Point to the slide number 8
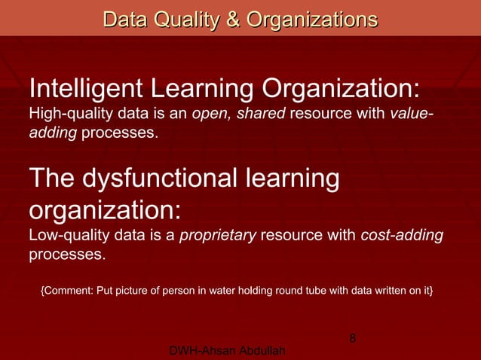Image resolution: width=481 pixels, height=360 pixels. [x=352, y=340]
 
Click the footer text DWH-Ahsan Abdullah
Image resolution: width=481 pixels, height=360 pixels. [x=228, y=352]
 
